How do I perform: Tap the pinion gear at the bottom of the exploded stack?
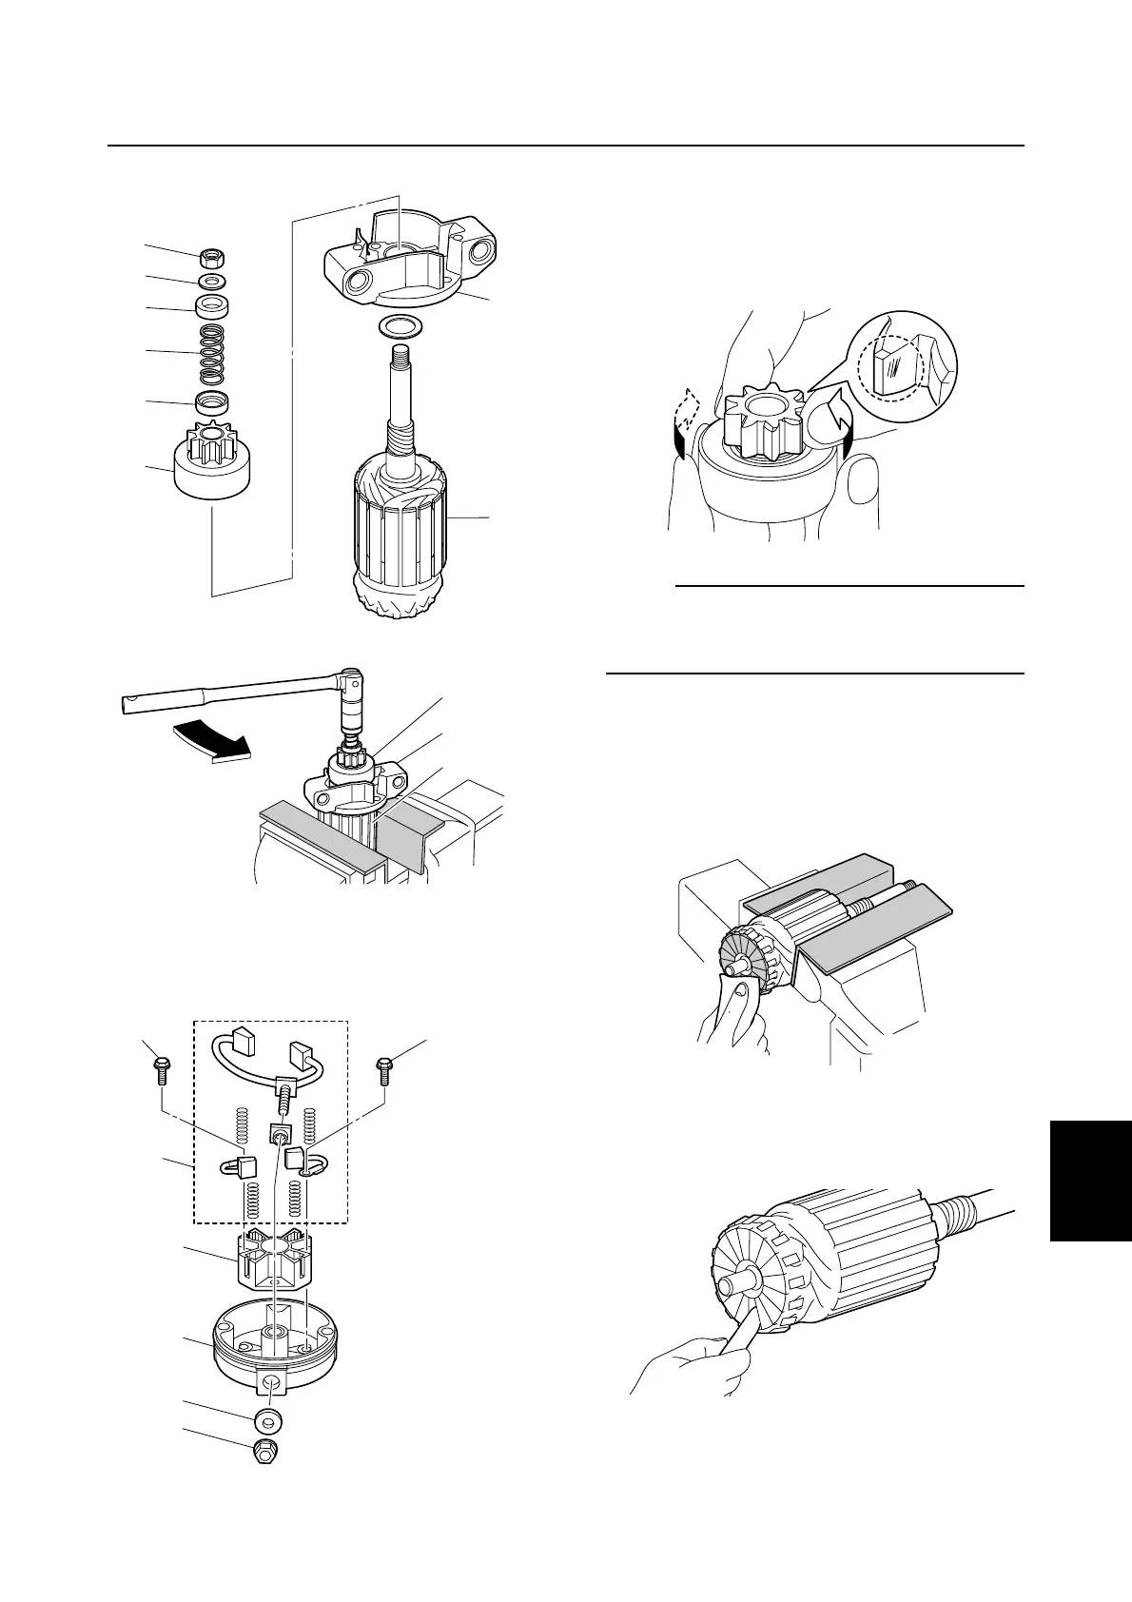[210, 466]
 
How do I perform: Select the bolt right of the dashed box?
[384, 1068]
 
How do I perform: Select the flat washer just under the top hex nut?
[212, 283]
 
